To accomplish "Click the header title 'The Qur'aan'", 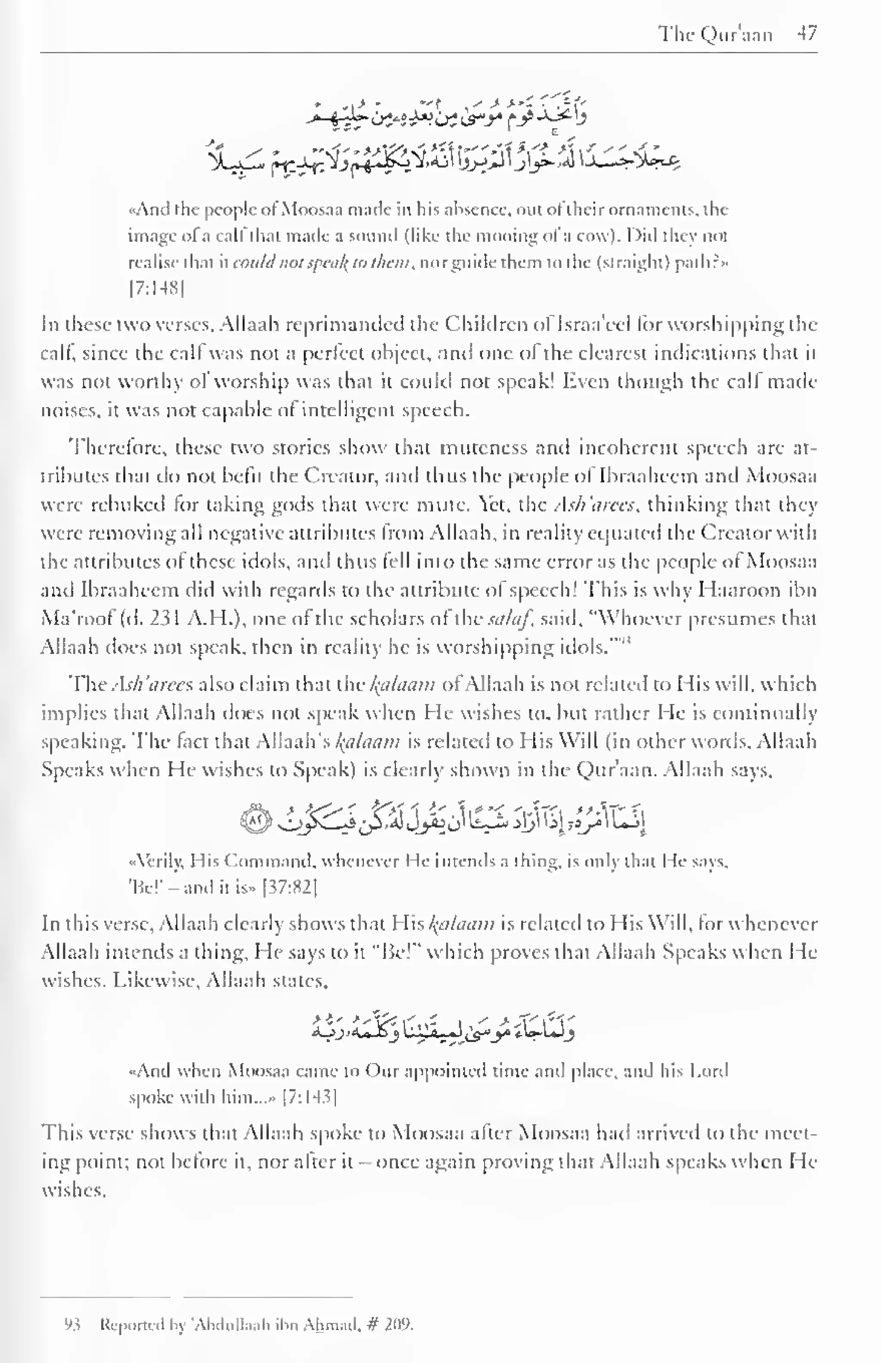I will (715, 34).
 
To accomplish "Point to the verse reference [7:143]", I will (309, 1097).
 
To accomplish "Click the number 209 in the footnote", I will (399, 1324).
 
